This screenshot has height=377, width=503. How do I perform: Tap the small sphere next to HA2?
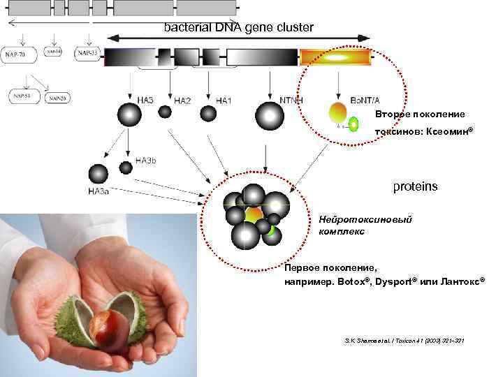(164, 111)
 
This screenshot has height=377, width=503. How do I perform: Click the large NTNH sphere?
(270, 115)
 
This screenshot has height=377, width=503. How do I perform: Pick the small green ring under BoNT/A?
(353, 125)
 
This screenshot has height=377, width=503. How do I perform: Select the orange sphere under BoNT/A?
(337, 112)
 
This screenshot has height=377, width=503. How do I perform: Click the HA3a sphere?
(98, 174)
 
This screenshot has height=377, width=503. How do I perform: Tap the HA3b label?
(146, 160)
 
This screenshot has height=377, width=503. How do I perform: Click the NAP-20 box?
(57, 98)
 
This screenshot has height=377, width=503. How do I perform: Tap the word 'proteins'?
(415, 187)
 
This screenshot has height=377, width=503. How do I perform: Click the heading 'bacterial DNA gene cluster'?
(239, 27)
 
